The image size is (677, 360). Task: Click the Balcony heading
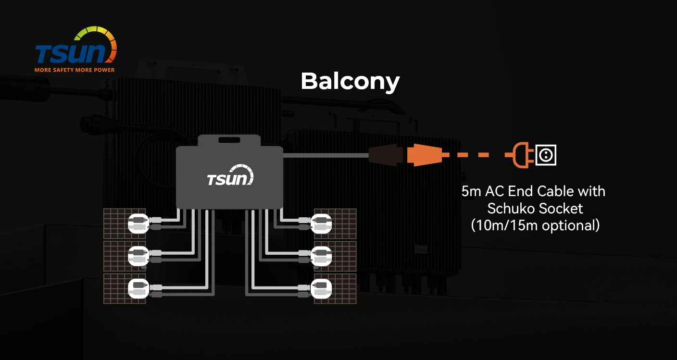click(350, 81)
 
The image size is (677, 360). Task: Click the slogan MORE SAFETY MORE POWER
click(75, 70)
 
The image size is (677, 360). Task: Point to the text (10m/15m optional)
click(535, 225)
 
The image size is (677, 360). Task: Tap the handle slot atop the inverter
click(229, 140)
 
